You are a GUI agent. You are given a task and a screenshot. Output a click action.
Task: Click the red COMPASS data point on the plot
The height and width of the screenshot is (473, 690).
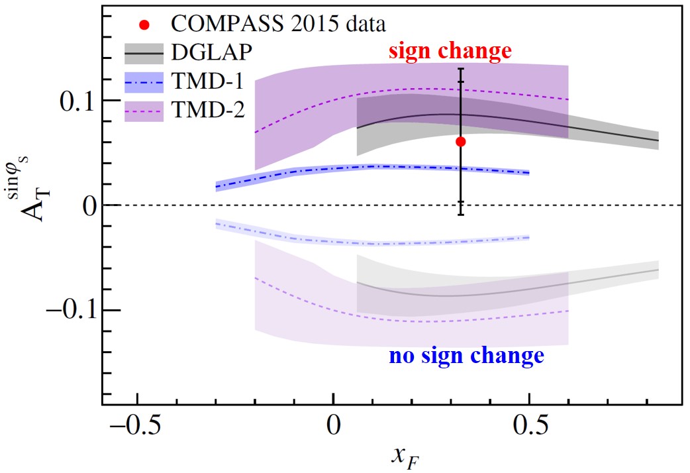(461, 142)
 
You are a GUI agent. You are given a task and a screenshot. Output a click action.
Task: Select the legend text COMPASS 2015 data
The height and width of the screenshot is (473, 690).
(279, 25)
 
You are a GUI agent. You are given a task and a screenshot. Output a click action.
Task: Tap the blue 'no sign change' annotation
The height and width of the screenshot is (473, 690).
(466, 356)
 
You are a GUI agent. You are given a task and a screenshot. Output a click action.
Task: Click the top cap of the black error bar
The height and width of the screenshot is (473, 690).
(461, 68)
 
